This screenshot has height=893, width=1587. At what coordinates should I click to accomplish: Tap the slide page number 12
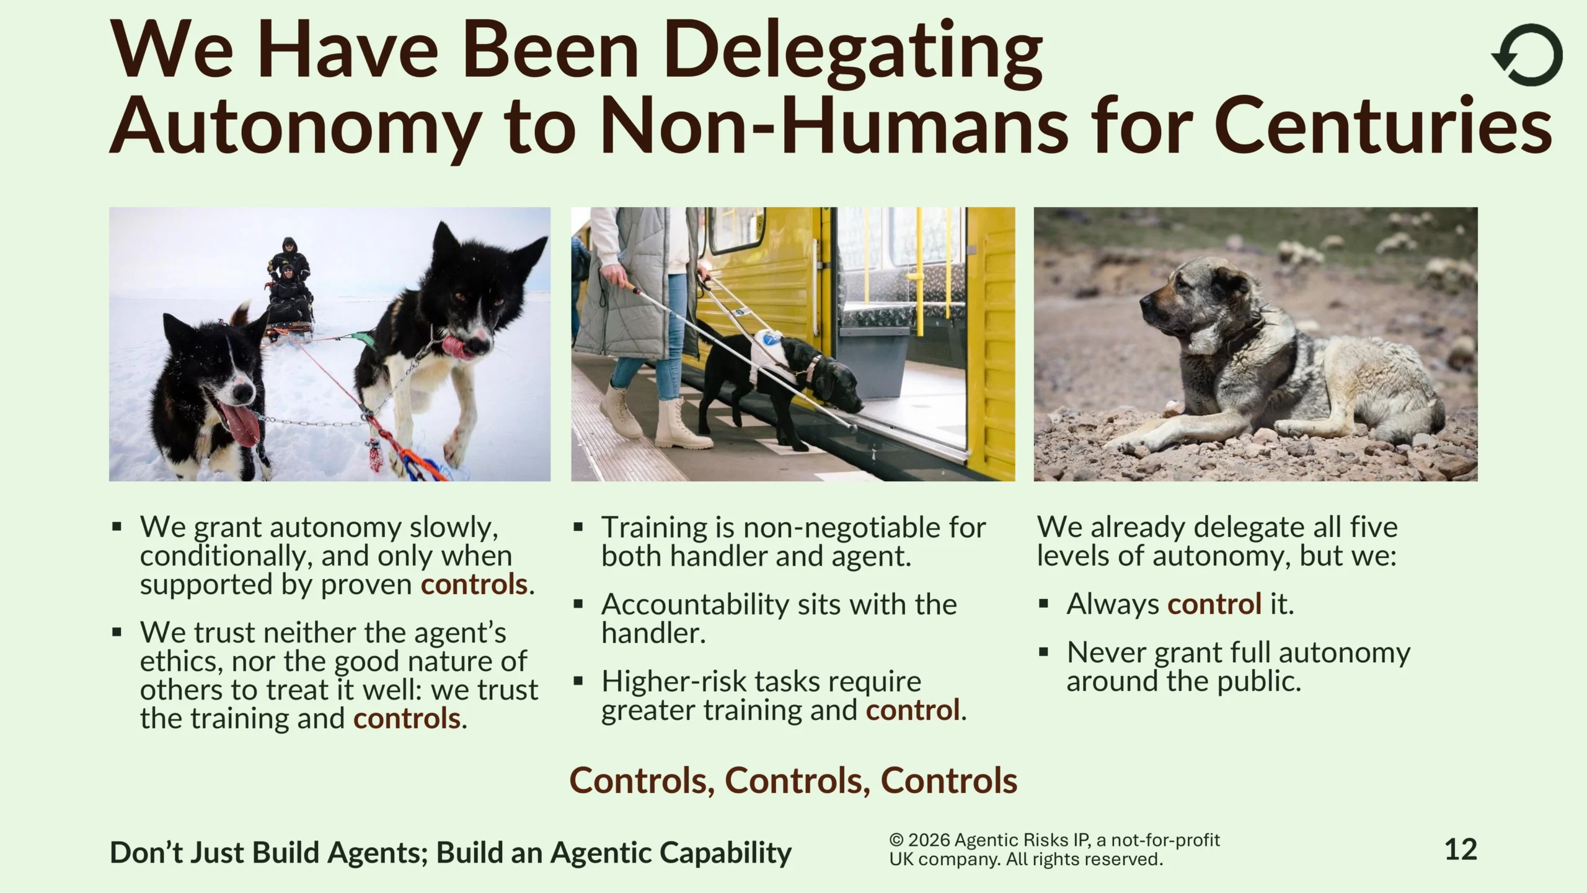[x=1461, y=849]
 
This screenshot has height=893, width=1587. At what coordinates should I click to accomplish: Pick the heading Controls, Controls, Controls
[x=793, y=780]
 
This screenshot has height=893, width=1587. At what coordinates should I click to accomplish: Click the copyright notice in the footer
[x=1054, y=850]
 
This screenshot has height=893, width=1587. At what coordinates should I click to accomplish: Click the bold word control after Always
[x=1214, y=604]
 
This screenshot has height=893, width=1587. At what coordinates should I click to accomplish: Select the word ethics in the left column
[x=179, y=662]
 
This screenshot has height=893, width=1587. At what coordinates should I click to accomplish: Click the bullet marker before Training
[x=578, y=528]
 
